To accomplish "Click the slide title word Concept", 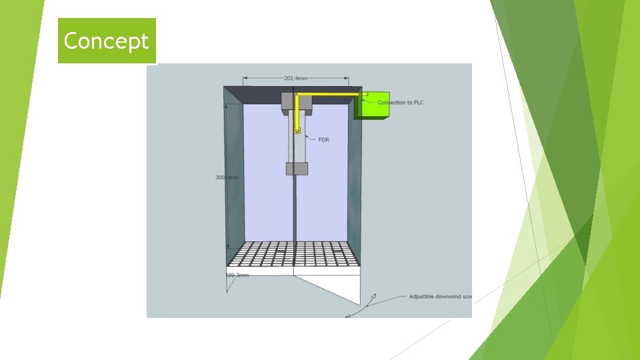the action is click(106, 41).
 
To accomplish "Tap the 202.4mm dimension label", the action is click(295, 78).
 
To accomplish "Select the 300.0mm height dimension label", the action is click(227, 177).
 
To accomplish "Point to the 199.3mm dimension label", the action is click(237, 275).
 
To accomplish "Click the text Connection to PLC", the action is click(400, 102).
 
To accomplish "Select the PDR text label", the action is click(324, 139).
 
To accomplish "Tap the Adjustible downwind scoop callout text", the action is click(440, 296).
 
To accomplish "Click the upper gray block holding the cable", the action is click(288, 103).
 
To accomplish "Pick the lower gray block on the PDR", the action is click(297, 168).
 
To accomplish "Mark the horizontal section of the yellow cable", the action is click(330, 95).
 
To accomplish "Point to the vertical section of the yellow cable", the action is click(297, 112).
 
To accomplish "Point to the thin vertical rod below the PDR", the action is click(294, 207).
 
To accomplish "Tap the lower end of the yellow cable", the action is click(297, 129).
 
